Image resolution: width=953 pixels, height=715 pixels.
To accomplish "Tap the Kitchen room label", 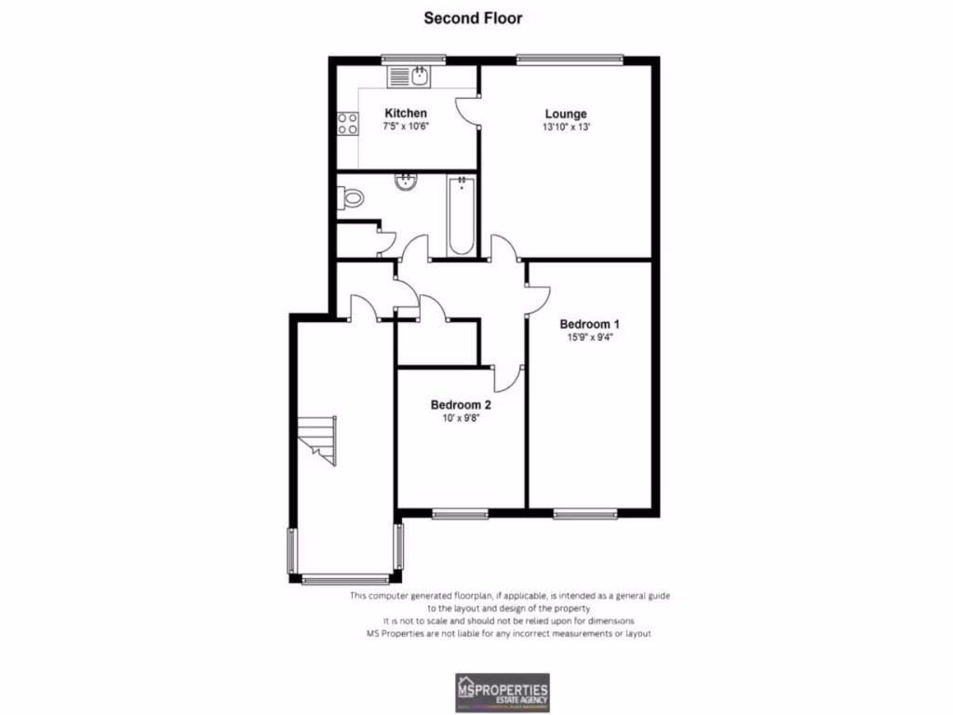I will tap(405, 114).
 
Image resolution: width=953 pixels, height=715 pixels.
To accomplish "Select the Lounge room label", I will tap(565, 115).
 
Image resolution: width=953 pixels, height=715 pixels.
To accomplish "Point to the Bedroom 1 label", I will tap(589, 324).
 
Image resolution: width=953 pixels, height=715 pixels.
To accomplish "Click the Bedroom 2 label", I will tap(460, 405).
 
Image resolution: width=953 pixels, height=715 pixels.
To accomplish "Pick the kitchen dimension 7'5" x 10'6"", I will tap(405, 126).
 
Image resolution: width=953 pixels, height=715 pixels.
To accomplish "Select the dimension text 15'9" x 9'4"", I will tap(589, 337).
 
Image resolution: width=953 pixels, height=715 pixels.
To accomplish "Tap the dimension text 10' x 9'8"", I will tap(460, 418).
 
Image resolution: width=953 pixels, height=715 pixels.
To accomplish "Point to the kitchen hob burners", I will tap(348, 123).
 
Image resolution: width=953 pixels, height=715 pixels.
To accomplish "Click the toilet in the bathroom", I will tap(351, 197).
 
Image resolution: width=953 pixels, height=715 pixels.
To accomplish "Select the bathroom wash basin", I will tap(406, 182).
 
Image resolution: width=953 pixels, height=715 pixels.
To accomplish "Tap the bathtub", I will tap(461, 216).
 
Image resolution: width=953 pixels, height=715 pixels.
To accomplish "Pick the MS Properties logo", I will tap(502, 692).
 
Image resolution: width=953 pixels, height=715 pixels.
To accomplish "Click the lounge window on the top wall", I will tap(570, 60).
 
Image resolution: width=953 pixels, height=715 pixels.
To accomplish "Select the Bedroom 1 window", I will tap(585, 512).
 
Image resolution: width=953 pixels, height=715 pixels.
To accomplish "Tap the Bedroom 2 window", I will tap(460, 512).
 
